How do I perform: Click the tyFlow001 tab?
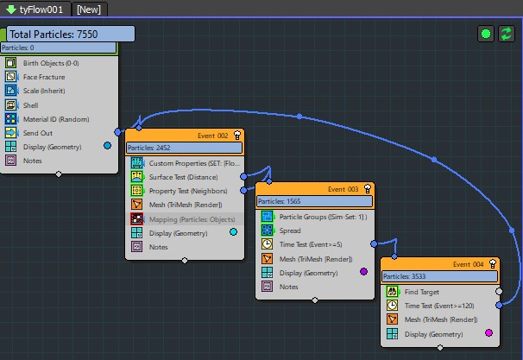point(35,9)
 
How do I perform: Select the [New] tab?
point(89,9)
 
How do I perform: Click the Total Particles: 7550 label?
point(71,34)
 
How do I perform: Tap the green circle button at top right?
point(486,34)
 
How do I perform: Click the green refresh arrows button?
point(507,34)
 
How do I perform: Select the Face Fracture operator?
point(44,77)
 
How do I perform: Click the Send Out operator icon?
point(10,133)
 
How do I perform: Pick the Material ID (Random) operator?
point(56,119)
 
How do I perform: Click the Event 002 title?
point(213,136)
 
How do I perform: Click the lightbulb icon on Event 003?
point(368,189)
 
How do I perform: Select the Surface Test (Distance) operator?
point(183,177)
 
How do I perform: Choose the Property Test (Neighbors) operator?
point(188,191)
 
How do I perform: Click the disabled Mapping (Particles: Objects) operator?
point(192,219)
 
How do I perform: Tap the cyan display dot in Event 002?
point(234,232)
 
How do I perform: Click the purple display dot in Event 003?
point(364,272)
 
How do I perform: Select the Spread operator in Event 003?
point(290,231)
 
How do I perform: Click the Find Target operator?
point(422,292)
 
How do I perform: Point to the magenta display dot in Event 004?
point(489,332)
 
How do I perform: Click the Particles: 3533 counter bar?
point(440,276)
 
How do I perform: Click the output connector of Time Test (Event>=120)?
point(499,305)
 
